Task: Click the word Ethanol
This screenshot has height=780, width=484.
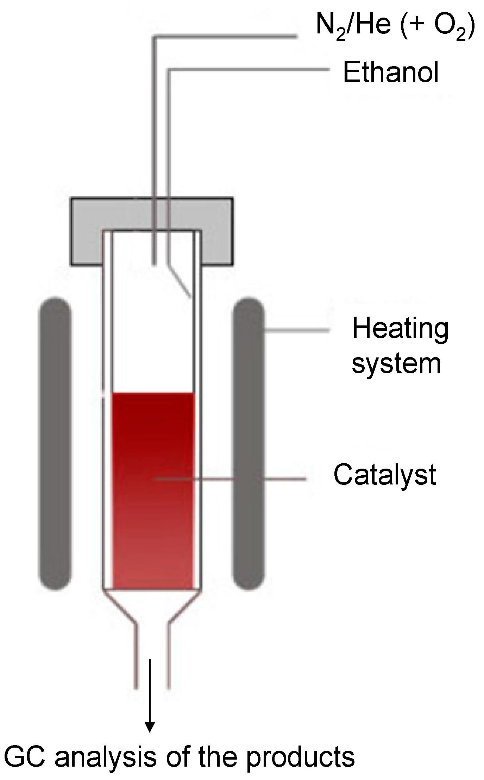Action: click(x=391, y=72)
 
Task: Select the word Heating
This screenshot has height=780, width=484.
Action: click(x=400, y=329)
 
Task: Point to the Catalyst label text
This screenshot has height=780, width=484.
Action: click(x=384, y=475)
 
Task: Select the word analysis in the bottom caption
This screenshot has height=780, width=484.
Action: click(x=106, y=756)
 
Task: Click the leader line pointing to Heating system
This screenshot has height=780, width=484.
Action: click(x=297, y=330)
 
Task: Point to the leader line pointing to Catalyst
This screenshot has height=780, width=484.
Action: click(x=282, y=479)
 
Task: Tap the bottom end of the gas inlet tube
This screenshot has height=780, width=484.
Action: click(x=154, y=262)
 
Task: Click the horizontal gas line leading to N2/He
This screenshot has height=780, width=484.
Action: click(x=225, y=36)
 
